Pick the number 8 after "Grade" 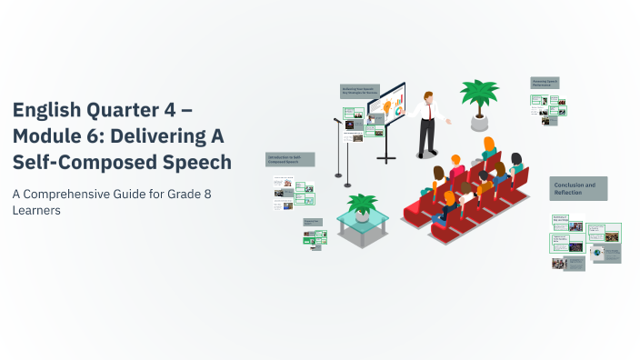tap(205, 194)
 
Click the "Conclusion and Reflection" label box tap(578, 188)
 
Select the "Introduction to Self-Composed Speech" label tap(290, 159)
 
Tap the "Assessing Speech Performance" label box tap(545, 84)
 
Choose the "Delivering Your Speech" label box tap(359, 91)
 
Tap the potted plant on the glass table tap(364, 206)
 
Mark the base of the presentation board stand tap(386, 159)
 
